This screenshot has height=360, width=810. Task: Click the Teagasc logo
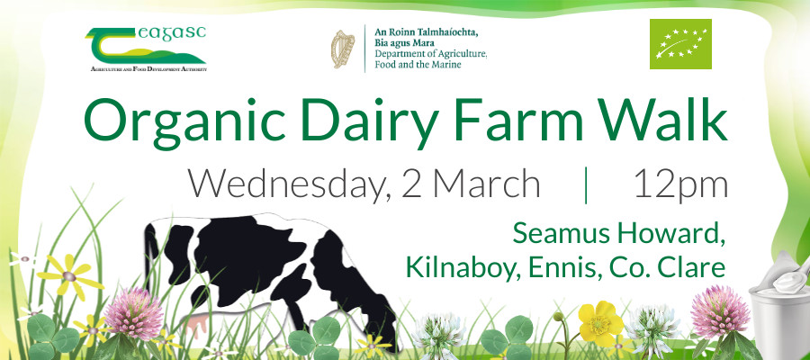(146, 49)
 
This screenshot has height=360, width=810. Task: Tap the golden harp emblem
(343, 49)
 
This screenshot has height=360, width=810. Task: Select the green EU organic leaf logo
(680, 44)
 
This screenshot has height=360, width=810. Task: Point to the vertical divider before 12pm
(586, 184)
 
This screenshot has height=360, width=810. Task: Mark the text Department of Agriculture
(431, 54)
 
